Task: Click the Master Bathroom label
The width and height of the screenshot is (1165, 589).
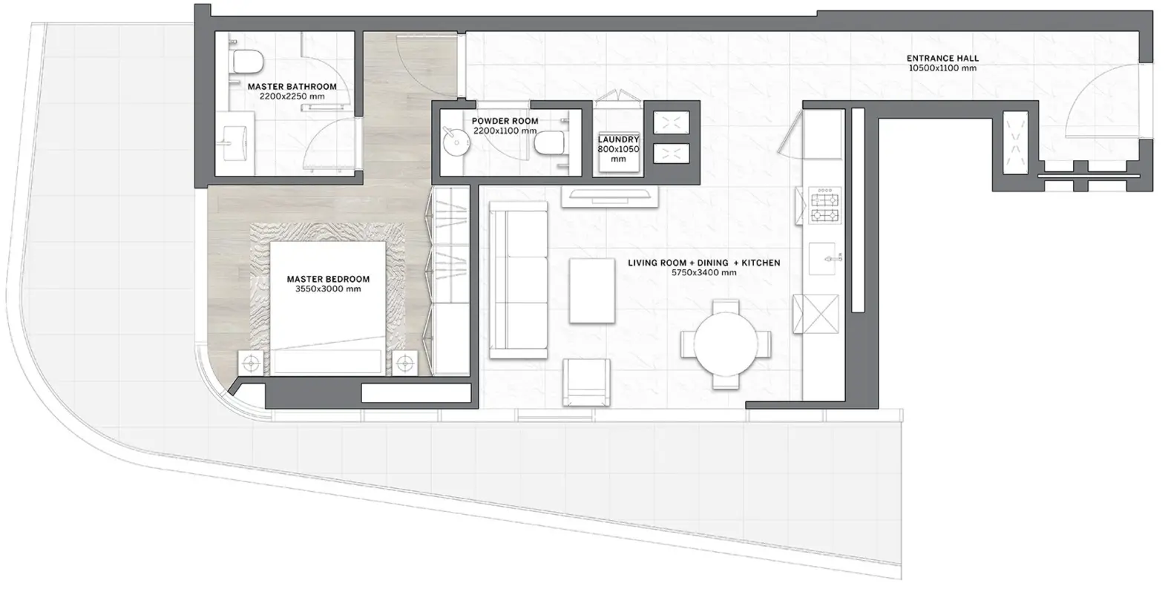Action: [292, 87]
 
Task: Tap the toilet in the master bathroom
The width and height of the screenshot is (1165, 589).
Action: [247, 62]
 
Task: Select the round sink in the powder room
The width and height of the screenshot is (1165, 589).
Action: [456, 142]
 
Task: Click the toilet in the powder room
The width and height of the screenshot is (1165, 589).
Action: [549, 143]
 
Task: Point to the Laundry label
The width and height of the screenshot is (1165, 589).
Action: [618, 139]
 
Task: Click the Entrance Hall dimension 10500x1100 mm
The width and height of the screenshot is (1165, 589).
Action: [942, 68]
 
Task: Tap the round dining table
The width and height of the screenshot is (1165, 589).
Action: [726, 344]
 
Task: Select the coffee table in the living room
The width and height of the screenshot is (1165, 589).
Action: [592, 291]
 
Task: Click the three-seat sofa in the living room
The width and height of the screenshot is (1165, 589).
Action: [519, 280]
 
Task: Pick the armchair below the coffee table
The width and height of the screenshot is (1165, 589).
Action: [586, 383]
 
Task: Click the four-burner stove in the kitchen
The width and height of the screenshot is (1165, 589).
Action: [824, 205]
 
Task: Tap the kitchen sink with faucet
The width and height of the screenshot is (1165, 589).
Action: [824, 258]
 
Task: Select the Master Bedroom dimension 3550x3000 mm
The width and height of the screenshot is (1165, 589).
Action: [328, 289]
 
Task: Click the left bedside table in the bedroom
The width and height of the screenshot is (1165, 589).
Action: [252, 363]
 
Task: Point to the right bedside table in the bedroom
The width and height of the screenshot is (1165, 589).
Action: [404, 363]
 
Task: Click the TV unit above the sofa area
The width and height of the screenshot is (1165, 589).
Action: [609, 197]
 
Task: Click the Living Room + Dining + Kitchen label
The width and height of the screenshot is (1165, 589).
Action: [703, 263]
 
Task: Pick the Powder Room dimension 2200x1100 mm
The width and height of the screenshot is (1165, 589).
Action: [505, 131]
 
